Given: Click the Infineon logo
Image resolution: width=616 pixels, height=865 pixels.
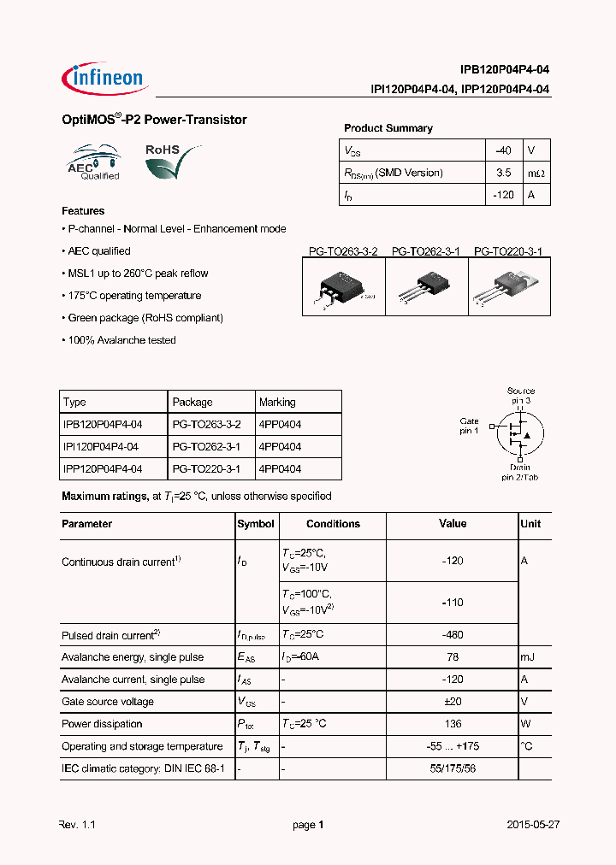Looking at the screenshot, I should pos(104,78).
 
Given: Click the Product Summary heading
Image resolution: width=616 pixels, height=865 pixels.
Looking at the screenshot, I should pos(388,128).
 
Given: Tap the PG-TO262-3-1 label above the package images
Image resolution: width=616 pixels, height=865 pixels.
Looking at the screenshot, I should pos(425,251).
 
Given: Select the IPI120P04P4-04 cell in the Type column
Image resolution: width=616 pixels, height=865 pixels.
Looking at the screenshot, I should pos(102,446).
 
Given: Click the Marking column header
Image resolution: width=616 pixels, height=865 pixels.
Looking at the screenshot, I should pos(277,402).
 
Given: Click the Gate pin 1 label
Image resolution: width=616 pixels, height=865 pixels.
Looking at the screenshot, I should pos(469,426).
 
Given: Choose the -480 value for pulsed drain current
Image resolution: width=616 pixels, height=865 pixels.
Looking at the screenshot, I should pos(452,635).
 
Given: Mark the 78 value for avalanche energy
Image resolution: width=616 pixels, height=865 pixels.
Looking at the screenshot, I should pos(452,657).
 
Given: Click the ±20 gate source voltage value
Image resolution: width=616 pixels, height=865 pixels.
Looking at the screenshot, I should pos(452,702).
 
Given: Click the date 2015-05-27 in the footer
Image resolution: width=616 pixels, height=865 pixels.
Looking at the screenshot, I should pos(532,825).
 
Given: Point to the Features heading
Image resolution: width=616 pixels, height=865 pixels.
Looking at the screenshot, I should pos(83,211).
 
